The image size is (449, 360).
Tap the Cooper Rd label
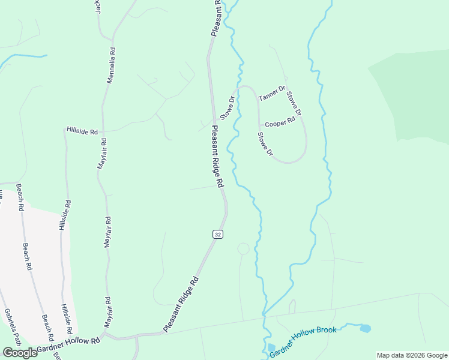280,121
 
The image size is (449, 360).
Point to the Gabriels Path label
12,326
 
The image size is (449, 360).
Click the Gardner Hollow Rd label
68,344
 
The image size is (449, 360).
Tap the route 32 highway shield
218,234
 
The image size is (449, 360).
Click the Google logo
19,353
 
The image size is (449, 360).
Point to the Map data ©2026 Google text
412,355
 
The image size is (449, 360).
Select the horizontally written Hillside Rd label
82,130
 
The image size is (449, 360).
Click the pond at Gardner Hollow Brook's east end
364,328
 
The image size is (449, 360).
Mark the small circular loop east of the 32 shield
243,248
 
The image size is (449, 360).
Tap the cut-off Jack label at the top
98,7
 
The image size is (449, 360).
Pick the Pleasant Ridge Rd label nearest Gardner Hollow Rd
181,304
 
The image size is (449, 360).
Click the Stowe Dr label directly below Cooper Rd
265,145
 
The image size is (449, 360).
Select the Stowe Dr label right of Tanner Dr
294,103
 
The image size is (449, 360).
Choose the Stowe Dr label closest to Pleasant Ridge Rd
226,107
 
